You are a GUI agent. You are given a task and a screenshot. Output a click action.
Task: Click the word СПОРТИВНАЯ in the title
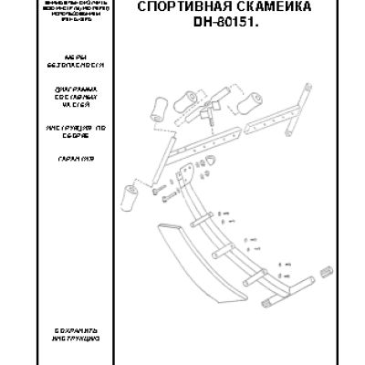click(x=174, y=8)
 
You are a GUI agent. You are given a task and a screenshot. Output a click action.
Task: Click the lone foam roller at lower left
click(x=130, y=195)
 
